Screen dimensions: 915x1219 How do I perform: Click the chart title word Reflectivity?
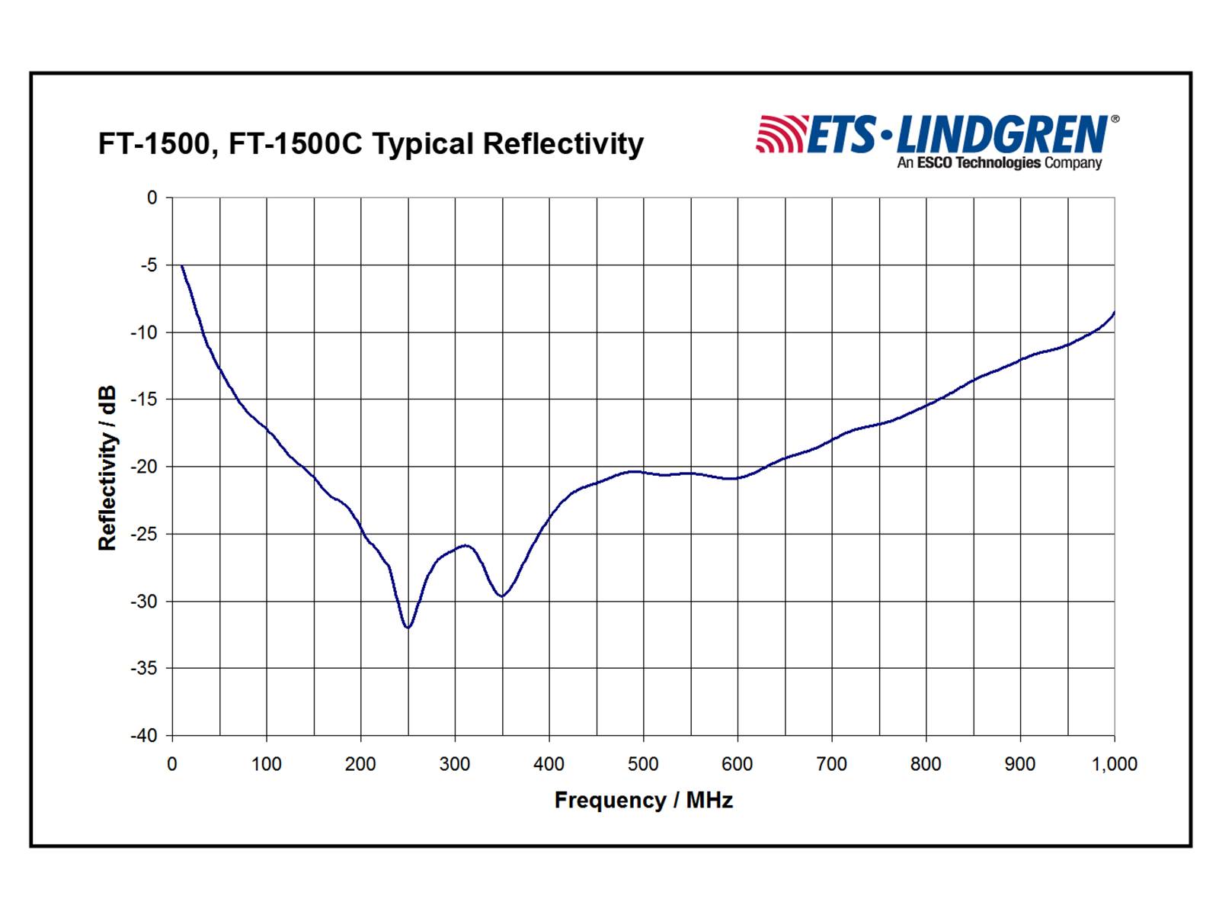563,143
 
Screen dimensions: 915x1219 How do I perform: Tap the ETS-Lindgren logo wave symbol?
780,134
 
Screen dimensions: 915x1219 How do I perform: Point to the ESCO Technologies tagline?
999,162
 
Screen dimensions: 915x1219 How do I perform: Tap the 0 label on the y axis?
152,197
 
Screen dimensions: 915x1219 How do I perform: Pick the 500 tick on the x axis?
643,764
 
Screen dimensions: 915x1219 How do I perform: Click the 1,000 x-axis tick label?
1114,764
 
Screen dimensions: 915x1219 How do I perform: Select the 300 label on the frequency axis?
455,764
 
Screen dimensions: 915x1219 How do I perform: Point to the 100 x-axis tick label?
267,764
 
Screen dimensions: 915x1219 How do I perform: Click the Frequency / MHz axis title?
643,800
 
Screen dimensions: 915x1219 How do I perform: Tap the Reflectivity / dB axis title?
107,467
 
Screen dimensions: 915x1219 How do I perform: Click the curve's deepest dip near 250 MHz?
408,627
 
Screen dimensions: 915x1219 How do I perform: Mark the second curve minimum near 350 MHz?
501,596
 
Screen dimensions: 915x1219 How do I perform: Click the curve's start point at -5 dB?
182,266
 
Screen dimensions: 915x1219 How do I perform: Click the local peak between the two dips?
465,545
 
